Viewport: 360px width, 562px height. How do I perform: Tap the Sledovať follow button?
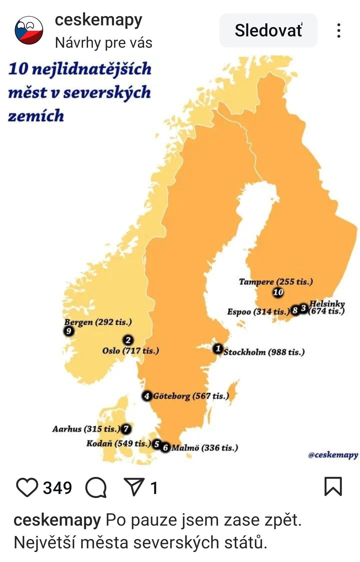(268, 30)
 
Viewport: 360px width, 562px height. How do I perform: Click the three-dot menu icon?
(339, 30)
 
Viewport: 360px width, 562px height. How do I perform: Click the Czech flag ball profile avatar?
(29, 30)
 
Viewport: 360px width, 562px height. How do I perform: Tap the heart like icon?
(27, 487)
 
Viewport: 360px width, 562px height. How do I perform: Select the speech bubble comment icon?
(96, 487)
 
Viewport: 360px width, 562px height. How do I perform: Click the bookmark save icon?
(333, 486)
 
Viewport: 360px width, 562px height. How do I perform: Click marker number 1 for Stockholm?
(218, 349)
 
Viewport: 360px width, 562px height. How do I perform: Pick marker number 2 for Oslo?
(128, 340)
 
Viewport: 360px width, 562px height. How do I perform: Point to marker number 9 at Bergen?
(68, 331)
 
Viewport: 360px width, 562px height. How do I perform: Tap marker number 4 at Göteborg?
(147, 396)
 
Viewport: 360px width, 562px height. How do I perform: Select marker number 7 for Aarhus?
(126, 429)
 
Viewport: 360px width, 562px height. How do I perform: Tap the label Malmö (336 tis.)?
(205, 448)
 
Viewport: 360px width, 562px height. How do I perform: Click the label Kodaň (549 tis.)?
(118, 444)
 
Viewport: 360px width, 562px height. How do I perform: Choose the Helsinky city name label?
(327, 304)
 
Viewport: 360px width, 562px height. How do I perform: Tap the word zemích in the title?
(36, 116)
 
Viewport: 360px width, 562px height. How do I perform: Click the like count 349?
(57, 488)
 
